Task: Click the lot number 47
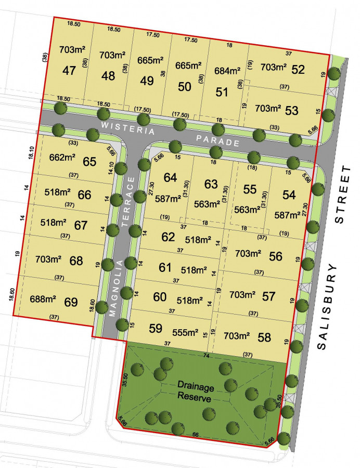pos(69,71)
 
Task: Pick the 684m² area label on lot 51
pos(227,71)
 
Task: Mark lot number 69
pos(71,302)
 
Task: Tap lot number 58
pos(264,337)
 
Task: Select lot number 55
pos(250,189)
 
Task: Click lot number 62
pos(168,237)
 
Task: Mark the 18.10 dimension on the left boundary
pos(32,152)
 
